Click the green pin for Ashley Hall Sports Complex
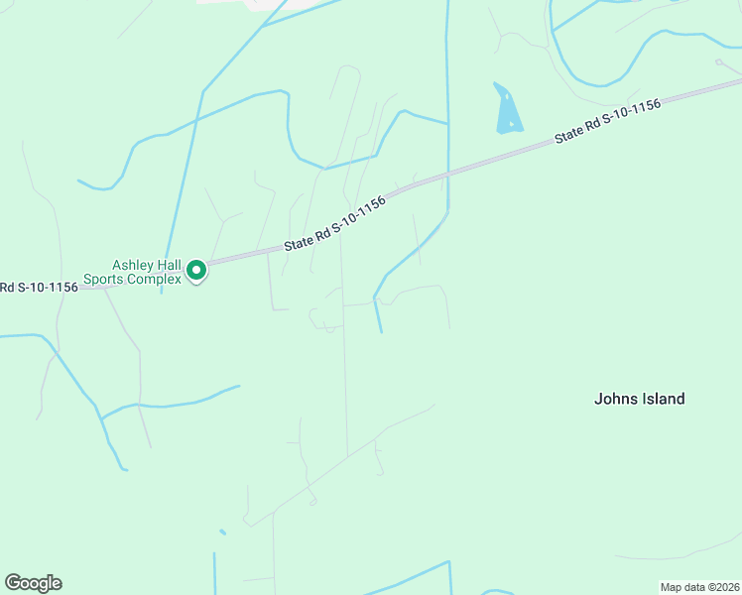pyautogui.click(x=196, y=270)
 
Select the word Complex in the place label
pyautogui.click(x=158, y=280)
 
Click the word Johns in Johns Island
pyautogui.click(x=615, y=399)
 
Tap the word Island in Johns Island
pyautogui.click(x=662, y=399)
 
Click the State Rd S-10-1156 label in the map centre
pyautogui.click(x=334, y=222)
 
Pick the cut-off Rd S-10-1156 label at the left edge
pyautogui.click(x=39, y=288)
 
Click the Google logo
pyautogui.click(x=33, y=583)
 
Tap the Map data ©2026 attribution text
pyautogui.click(x=698, y=587)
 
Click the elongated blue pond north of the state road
pyautogui.click(x=507, y=109)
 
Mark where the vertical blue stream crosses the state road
pyautogui.click(x=448, y=175)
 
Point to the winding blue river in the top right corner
pyautogui.click(x=645, y=50)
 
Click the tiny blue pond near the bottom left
pyautogui.click(x=222, y=533)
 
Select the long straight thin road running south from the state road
pyautogui.click(x=344, y=377)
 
